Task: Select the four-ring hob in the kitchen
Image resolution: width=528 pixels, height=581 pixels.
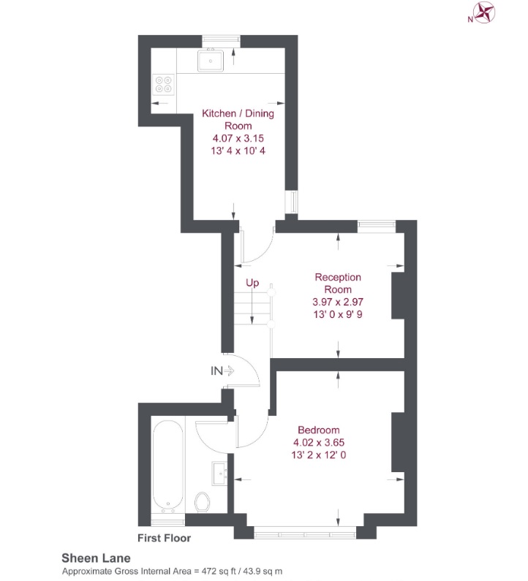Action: coord(164,85)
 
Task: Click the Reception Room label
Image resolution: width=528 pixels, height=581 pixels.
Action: coord(338,283)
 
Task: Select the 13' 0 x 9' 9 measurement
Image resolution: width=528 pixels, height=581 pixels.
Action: coord(337,314)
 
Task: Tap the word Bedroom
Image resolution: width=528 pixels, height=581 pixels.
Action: coord(317,430)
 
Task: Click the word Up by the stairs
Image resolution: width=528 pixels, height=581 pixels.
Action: coord(252,282)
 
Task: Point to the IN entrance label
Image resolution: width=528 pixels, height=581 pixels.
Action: coord(216,371)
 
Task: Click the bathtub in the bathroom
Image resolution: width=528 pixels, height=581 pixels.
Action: coord(168,464)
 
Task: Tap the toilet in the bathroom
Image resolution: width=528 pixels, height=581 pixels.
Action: coord(204,502)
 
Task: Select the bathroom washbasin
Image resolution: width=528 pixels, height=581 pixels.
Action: coord(219,473)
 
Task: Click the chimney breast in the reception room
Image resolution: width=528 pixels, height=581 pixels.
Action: coord(398,295)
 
